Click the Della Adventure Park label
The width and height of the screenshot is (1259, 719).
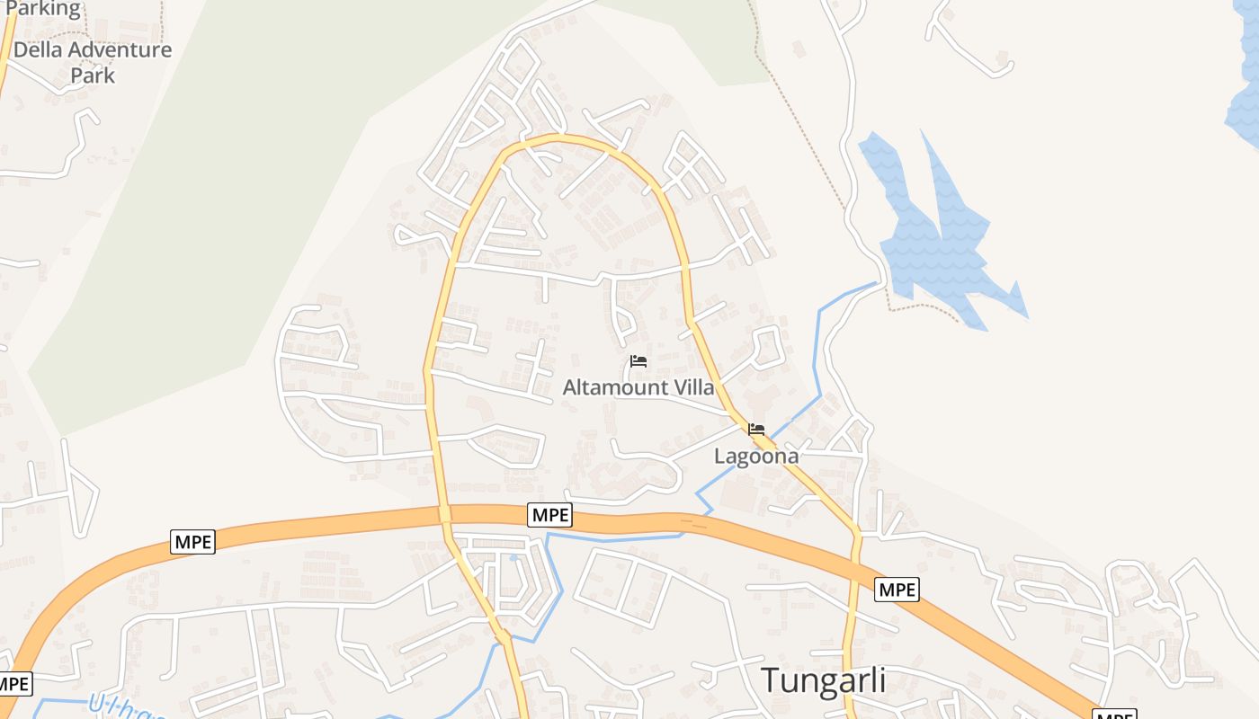pyautogui.click(x=93, y=62)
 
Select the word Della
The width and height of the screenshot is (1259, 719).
pyautogui.click(x=37, y=49)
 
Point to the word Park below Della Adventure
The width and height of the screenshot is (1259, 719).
pyautogui.click(x=93, y=75)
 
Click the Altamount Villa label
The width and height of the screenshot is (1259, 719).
pyautogui.click(x=638, y=387)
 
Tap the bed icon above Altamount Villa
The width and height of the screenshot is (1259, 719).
pyautogui.click(x=638, y=361)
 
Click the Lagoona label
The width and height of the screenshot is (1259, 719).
pyautogui.click(x=756, y=456)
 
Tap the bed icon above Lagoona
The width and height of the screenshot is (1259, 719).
pyautogui.click(x=756, y=430)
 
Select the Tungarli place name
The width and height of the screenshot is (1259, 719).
pyautogui.click(x=824, y=680)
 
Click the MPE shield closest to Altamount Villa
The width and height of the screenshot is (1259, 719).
pyautogui.click(x=549, y=515)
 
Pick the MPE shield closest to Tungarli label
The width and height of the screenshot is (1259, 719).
pyautogui.click(x=897, y=590)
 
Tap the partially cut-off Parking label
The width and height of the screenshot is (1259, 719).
pyautogui.click(x=42, y=9)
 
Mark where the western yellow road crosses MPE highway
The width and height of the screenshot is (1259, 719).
pyautogui.click(x=444, y=514)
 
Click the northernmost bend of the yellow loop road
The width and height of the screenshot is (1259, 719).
pyautogui.click(x=558, y=138)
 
